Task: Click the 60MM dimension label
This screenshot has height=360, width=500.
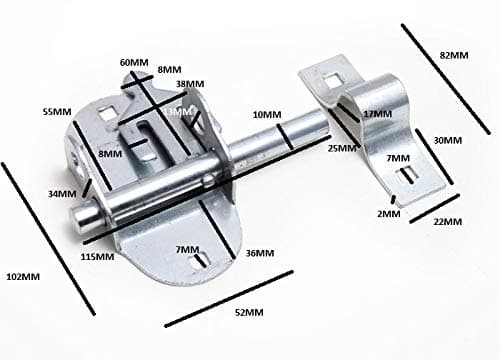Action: [134, 62]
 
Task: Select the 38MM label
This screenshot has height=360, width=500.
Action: [189, 84]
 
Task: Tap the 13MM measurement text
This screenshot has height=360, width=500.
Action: [181, 112]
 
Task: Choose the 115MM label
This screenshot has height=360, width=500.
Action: [96, 258]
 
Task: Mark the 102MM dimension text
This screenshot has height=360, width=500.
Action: [23, 275]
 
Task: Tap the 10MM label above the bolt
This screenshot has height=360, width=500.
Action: [267, 115]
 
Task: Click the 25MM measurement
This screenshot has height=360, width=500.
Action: [341, 148]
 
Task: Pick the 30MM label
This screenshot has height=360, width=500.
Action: [448, 141]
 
